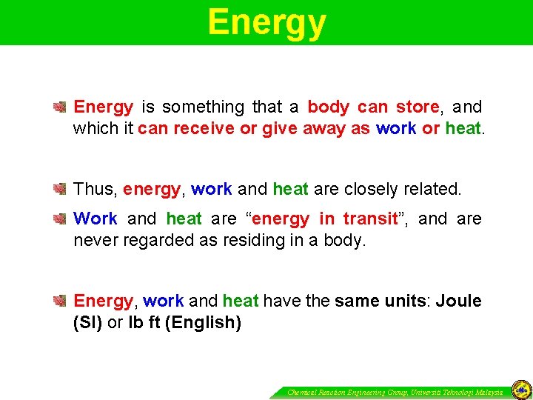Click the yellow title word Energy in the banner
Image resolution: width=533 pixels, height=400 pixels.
266,22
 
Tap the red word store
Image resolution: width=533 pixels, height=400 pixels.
418,107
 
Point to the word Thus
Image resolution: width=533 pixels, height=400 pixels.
94,189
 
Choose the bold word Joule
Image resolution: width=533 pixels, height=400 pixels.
459,301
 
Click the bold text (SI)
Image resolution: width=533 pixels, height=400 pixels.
88,324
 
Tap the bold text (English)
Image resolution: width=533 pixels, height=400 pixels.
203,324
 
